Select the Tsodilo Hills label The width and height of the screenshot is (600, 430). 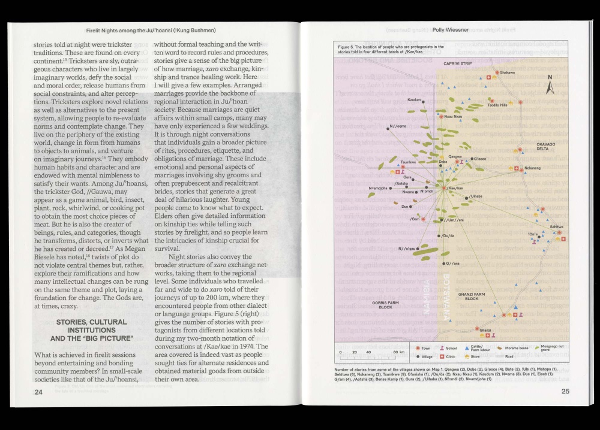coord(497,104)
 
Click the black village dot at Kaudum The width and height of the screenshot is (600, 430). coord(424,99)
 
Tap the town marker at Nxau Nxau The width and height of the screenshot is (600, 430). coord(441,117)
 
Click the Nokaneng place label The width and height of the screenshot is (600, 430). coord(532,168)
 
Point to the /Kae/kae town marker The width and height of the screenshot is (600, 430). coord(443,188)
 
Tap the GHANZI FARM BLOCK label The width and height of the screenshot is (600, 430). coord(472,296)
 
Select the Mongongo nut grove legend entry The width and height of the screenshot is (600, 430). coord(553,348)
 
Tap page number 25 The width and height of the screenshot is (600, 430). coord(565,392)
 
